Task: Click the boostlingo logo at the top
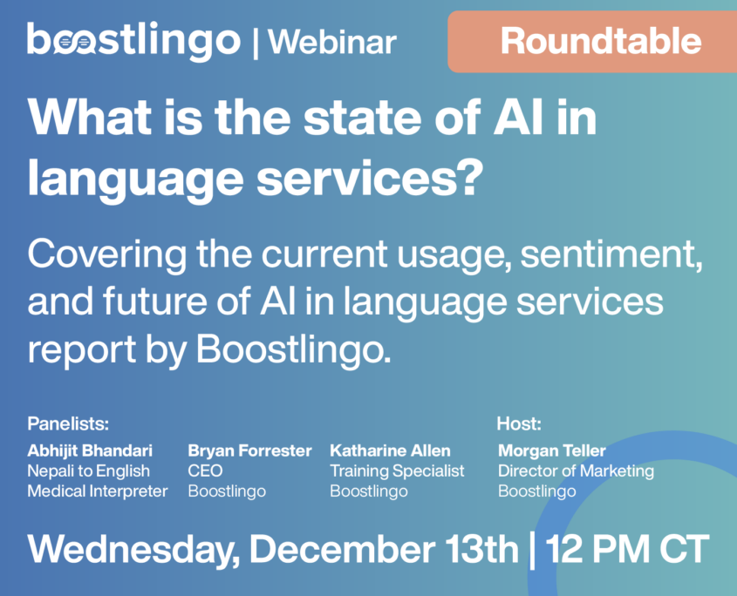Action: point(133,40)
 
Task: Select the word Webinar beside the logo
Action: point(331,42)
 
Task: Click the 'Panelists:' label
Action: point(68,424)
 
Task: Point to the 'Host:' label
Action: point(519,424)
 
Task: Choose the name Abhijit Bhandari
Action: point(90,450)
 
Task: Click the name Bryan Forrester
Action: point(249,450)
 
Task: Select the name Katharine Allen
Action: point(390,450)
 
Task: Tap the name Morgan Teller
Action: point(551,450)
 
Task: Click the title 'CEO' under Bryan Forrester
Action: point(205,471)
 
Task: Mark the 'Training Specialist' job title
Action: point(397,471)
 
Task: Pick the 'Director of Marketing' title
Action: point(576,471)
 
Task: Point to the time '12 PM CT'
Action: point(627,549)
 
